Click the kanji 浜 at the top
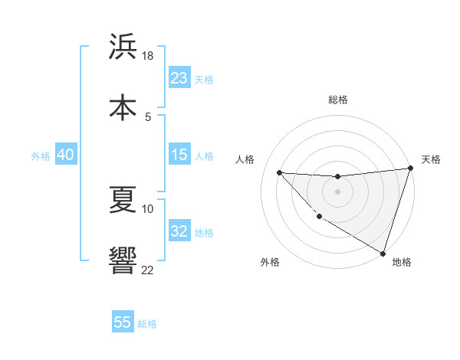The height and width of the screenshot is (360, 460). click(123, 46)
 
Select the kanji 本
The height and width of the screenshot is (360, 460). click(123, 107)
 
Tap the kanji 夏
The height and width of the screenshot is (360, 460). click(123, 200)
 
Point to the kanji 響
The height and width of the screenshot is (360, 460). click(123, 260)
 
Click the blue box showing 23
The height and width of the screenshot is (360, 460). click(179, 78)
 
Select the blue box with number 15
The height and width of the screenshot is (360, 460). click(179, 155)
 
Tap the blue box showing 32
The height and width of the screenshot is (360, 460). click(179, 231)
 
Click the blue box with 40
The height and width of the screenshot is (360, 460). click(65, 155)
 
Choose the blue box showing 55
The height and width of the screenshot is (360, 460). click(123, 322)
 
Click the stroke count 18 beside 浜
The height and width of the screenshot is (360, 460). click(148, 56)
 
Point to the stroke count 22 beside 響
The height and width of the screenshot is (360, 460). click(148, 270)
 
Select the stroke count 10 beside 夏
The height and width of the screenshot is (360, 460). click(148, 208)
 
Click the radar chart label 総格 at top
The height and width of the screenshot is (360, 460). click(338, 100)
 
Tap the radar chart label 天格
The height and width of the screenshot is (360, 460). click(431, 159)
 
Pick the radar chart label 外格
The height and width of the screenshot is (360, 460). click(270, 263)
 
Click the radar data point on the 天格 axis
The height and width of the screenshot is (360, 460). click(410, 169)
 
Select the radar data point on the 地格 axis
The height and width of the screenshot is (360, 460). click(383, 253)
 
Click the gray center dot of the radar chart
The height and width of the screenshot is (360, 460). click(337, 191)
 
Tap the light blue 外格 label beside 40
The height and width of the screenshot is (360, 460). click(41, 155)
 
